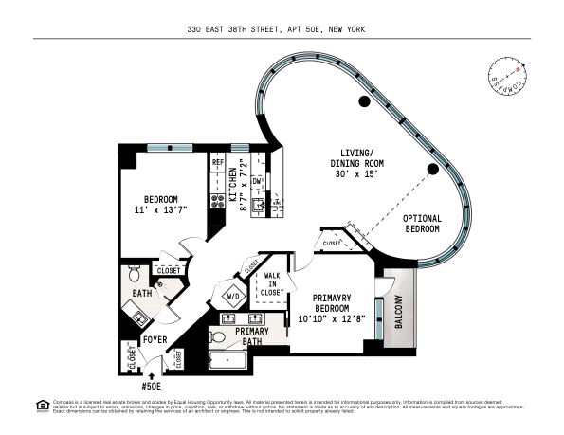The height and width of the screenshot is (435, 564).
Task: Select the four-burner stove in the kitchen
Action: (217, 200)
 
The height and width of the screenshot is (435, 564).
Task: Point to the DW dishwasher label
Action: (257, 180)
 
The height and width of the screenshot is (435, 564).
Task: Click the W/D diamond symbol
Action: (232, 297)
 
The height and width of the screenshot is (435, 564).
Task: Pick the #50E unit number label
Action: (153, 387)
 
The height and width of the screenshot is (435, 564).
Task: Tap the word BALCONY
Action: (398, 314)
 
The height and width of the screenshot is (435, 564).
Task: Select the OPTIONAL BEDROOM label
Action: (423, 224)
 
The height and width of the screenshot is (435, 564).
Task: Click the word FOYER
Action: (155, 339)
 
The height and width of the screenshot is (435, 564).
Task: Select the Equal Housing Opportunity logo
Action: (42, 406)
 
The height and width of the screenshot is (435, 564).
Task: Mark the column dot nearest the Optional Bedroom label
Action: (431, 169)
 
